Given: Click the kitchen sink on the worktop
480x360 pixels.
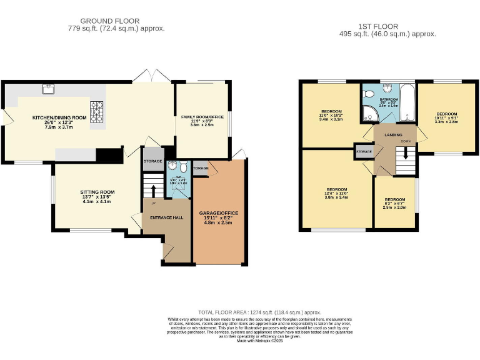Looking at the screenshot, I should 47,89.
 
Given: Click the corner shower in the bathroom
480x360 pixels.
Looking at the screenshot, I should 367,113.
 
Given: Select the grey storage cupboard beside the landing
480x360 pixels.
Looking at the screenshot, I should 364,152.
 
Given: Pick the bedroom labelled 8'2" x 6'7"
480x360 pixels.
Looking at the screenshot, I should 394,203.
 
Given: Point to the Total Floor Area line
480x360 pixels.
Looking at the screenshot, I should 259,312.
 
